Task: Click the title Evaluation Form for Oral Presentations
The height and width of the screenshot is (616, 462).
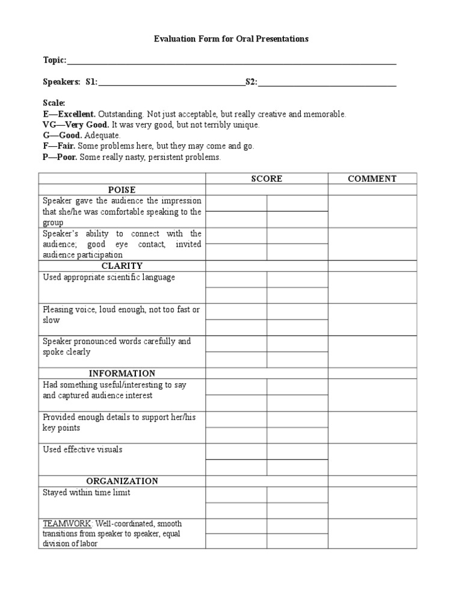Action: [231, 38]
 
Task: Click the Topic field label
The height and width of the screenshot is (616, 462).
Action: [54, 60]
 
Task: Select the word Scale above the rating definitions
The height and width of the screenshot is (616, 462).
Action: [54, 103]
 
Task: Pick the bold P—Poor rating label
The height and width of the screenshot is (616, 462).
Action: [60, 157]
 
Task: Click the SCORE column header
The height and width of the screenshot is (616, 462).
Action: [266, 179]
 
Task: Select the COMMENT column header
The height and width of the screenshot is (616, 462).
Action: [372, 179]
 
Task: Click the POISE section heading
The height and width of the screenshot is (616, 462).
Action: [122, 190]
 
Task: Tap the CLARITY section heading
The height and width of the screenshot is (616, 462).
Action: [122, 266]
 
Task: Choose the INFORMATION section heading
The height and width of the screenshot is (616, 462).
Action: [122, 374]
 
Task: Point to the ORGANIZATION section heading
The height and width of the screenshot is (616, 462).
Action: [122, 481]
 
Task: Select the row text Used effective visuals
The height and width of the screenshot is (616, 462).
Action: [82, 449]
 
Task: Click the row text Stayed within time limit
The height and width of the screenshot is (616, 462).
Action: [86, 493]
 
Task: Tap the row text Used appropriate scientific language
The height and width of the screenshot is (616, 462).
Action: [109, 277]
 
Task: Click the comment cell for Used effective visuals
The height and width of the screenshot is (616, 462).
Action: [372, 460]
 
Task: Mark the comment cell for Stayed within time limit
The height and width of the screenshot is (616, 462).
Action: [372, 502]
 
